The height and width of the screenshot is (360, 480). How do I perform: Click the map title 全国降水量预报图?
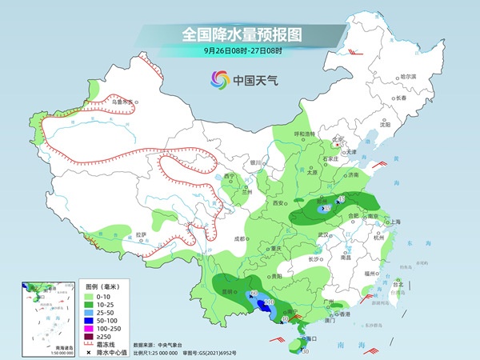pos(241,34)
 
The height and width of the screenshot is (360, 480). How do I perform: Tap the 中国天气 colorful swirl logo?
pos(219,80)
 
